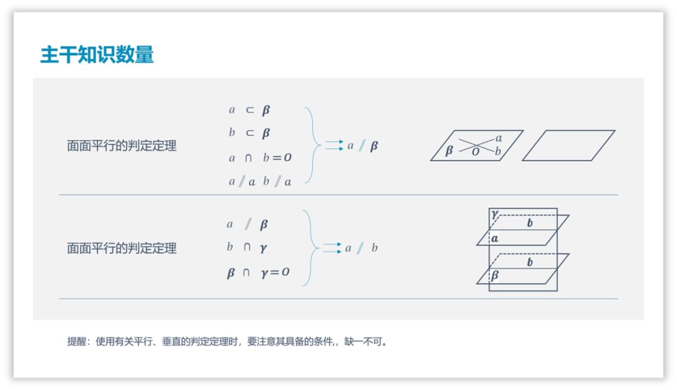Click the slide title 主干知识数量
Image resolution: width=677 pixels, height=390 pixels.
point(97,55)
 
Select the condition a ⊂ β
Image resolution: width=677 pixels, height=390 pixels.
point(249,110)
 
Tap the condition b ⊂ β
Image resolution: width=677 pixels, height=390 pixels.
point(249,133)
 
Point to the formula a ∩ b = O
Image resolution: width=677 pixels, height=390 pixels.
point(260,158)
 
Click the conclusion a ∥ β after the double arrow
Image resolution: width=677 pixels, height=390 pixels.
point(363,146)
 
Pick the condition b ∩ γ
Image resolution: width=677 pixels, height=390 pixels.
point(248,248)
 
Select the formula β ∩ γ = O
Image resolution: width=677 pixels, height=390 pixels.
point(258,273)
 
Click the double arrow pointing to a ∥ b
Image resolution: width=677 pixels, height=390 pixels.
point(333,248)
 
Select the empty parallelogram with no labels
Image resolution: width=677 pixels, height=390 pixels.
point(568,145)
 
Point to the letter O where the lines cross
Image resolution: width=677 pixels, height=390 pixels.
point(476,152)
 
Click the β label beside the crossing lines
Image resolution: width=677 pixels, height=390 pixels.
point(449,150)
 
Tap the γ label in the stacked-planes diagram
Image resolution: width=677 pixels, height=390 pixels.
point(495,214)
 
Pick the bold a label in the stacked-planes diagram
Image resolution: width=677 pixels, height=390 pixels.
point(495,238)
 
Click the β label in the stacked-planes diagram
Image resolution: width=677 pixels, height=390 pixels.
point(495,275)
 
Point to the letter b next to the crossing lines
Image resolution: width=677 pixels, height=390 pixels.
point(498,151)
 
